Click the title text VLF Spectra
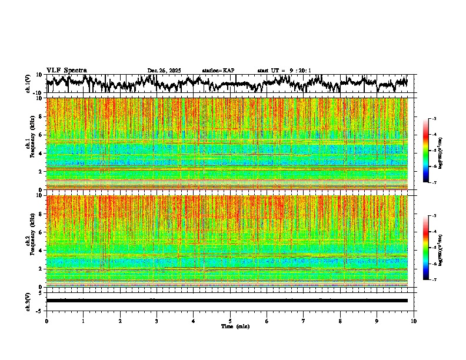pyautogui.click(x=66, y=70)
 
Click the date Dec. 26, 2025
pyautogui.click(x=164, y=71)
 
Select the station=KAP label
pyautogui.click(x=218, y=71)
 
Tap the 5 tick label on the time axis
pyautogui.click(x=230, y=321)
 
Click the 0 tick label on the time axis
pyautogui.click(x=46, y=321)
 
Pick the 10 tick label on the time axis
pyautogui.click(x=414, y=321)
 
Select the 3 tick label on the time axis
pyautogui.click(x=157, y=321)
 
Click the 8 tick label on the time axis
pyautogui.click(x=340, y=321)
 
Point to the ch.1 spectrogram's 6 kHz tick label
pyautogui.click(x=41, y=135)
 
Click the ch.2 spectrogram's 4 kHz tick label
pyautogui.click(x=41, y=250)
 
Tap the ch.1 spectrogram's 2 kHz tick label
pyautogui.click(x=41, y=171)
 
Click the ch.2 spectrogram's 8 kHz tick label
pyautogui.click(x=41, y=214)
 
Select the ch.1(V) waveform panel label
pyautogui.click(x=28, y=84)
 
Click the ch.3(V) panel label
pyautogui.click(x=28, y=301)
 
